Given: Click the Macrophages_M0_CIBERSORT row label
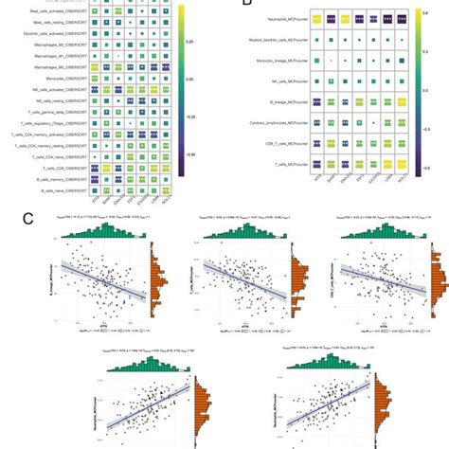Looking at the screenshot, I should pos(48,67).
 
